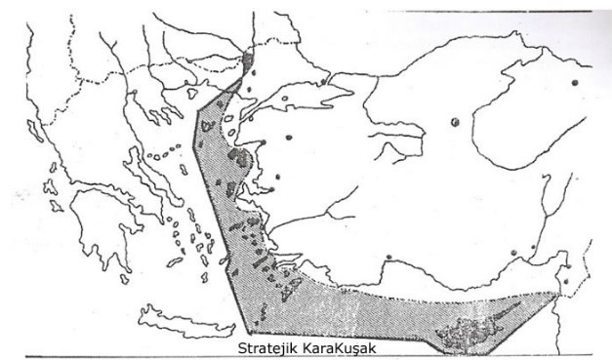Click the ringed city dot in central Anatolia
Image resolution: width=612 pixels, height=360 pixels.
coord(455,122)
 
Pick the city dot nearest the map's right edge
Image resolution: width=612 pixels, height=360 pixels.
coord(576,83)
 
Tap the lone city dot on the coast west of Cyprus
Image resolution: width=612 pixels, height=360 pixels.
coord(388,258)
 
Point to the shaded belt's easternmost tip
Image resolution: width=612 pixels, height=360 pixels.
coord(560,283)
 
